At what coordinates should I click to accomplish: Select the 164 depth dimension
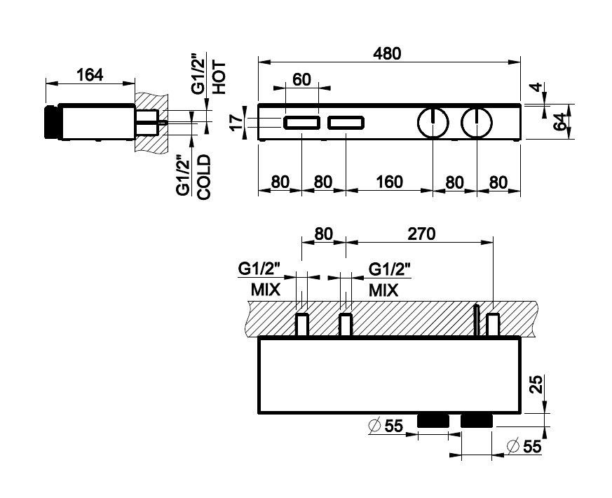tap(90, 75)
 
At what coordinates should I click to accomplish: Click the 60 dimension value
tap(301, 79)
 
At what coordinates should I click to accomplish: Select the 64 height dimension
tap(559, 122)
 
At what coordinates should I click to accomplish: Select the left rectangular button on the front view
tap(302, 124)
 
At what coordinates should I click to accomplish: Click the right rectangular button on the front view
tap(346, 124)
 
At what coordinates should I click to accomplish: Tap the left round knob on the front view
tap(433, 123)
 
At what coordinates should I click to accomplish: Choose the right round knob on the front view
tap(477, 123)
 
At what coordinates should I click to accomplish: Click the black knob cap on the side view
tap(50, 123)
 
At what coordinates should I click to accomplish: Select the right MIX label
tap(383, 290)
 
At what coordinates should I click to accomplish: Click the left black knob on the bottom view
tap(433, 420)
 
